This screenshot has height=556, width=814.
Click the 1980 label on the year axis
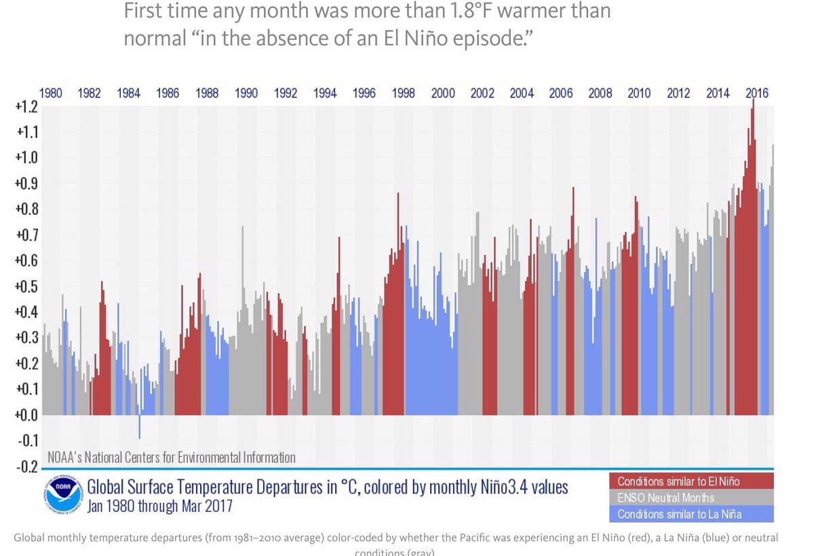click(x=51, y=94)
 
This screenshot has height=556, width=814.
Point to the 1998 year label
click(x=404, y=94)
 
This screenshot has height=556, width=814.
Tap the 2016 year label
click(x=756, y=94)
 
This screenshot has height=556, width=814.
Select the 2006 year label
click(x=561, y=94)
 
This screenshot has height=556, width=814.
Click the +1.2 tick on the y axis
click(x=26, y=106)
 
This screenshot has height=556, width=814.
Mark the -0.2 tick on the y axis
click(x=26, y=466)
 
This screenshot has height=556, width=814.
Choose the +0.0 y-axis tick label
click(x=26, y=415)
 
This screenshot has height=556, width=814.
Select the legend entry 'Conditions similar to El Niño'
click(x=678, y=481)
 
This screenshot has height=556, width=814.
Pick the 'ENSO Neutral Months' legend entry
click(x=665, y=498)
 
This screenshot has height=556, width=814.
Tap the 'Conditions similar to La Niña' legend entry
click(x=679, y=514)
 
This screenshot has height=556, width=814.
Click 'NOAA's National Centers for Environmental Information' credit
click(x=172, y=458)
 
